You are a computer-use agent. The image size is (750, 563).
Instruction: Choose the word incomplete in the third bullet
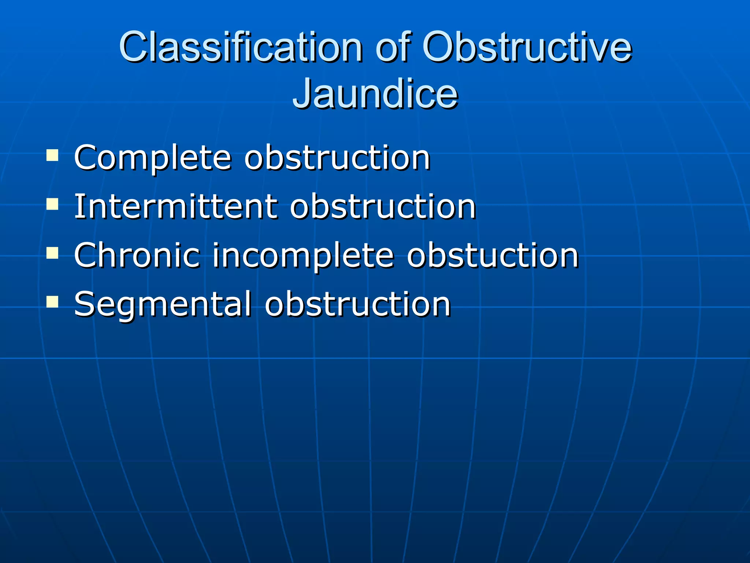point(303,256)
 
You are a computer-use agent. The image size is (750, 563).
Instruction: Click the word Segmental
point(163,304)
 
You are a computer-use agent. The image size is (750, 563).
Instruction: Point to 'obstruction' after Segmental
point(357,304)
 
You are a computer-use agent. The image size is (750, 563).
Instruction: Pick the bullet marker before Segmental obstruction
point(52,301)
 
